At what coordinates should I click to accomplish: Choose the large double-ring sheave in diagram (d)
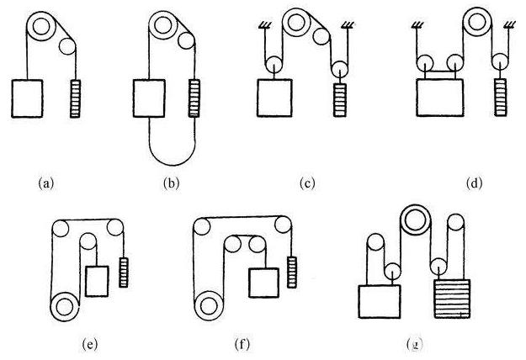(x=476, y=22)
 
